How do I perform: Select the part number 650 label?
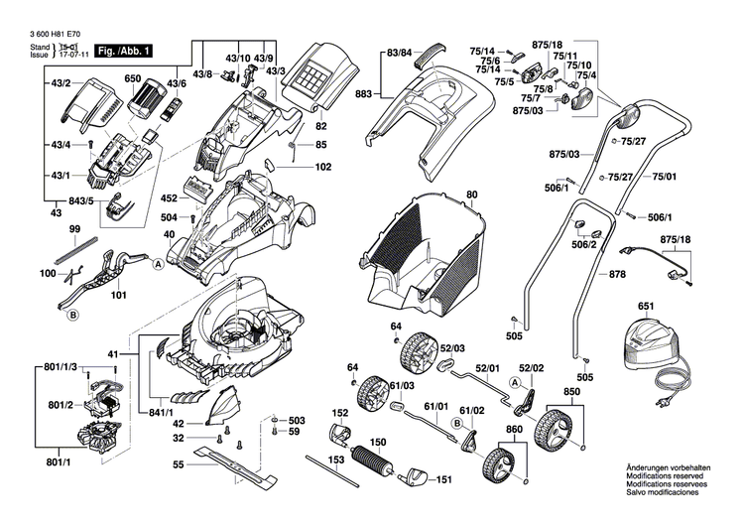[x=132, y=78]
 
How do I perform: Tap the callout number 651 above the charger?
[x=647, y=308]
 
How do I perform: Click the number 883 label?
[x=363, y=94]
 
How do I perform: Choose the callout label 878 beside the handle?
[x=618, y=274]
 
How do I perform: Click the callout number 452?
[x=169, y=198]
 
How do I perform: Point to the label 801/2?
[x=61, y=405]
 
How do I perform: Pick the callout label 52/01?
[x=487, y=367]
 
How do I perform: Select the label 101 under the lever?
[x=120, y=295]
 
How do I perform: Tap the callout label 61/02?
[x=472, y=410]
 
